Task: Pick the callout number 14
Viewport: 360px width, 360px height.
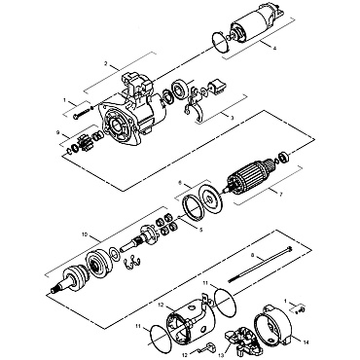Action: point(306,342)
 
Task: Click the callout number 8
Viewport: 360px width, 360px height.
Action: point(252,256)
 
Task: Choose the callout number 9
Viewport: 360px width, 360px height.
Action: point(59,132)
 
